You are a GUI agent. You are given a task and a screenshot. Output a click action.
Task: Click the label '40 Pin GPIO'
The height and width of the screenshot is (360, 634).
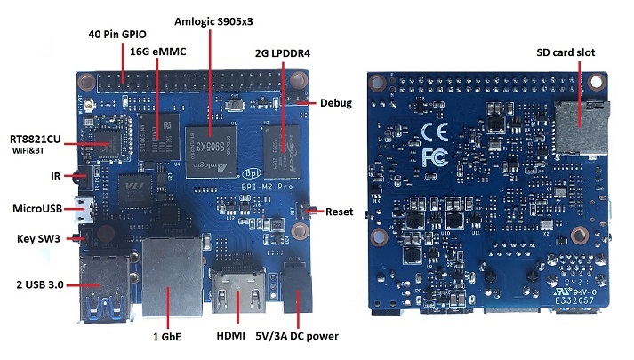click(122, 34)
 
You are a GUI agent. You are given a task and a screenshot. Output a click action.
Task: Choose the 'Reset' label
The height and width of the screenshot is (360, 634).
click(340, 212)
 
